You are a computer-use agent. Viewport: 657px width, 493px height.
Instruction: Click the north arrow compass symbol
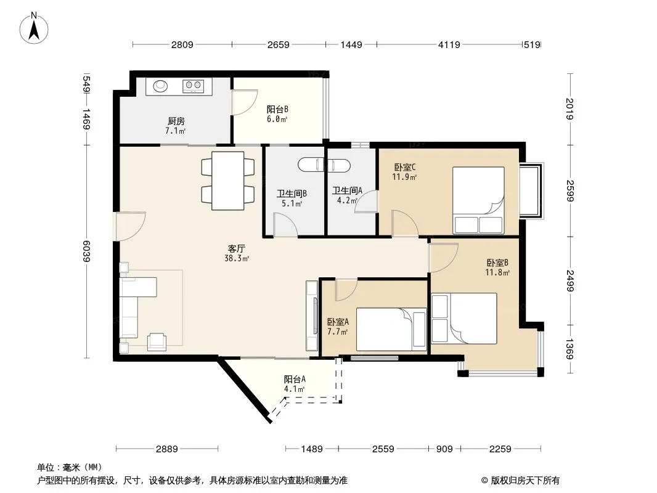coord(34,28)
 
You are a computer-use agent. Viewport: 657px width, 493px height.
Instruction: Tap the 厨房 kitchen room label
coord(176,121)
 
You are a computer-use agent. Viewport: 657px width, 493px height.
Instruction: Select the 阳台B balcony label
coord(277,110)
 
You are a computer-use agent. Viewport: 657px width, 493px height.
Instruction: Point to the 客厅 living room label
coord(236,249)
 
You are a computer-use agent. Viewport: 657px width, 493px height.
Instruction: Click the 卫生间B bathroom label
coord(292,194)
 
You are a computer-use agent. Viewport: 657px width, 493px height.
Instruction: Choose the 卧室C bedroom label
coord(405,168)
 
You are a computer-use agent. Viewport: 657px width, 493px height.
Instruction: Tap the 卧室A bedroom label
coord(338,322)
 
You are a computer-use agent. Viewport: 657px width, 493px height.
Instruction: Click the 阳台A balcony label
coord(295,380)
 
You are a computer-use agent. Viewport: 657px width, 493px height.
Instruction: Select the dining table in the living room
coord(228,181)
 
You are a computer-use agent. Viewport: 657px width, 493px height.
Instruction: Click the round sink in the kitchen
coord(160,86)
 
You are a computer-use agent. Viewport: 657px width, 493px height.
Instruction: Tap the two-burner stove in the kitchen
coord(193,86)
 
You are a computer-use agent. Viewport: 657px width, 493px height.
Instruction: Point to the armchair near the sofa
coord(157,341)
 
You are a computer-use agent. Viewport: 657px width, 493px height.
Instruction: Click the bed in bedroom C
coord(478,200)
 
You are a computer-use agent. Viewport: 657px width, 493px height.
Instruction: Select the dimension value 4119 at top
coord(449,45)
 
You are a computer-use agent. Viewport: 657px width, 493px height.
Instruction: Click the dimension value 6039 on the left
coord(87,251)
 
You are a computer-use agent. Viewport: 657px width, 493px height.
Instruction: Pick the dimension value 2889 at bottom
coord(167,449)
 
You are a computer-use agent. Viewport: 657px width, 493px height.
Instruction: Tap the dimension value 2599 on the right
coord(570,190)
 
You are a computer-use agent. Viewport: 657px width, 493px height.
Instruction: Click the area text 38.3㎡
coord(237,259)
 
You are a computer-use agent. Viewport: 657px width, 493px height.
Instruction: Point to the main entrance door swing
coord(131,227)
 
